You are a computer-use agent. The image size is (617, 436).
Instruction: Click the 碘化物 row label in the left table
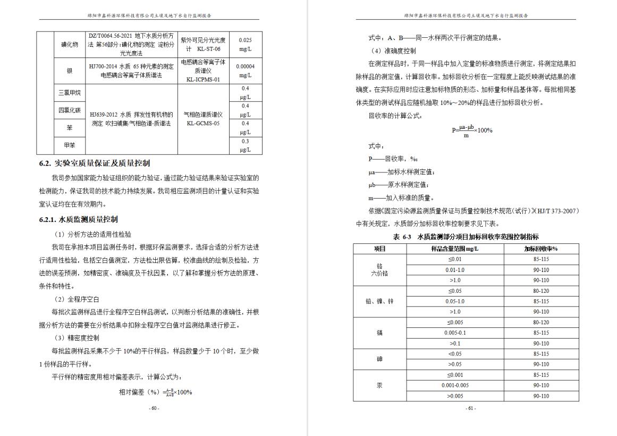click(70, 45)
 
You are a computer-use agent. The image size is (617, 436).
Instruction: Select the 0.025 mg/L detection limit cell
click(245, 44)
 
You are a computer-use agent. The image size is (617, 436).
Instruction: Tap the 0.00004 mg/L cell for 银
click(245, 70)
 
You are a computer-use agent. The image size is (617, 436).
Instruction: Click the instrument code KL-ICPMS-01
click(203, 79)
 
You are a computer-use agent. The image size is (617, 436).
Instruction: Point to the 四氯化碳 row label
click(70, 110)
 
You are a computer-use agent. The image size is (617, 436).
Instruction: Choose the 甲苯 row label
click(70, 145)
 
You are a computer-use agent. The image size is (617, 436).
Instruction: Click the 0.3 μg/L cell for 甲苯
click(245, 145)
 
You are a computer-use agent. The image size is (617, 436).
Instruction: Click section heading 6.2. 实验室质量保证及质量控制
click(95, 163)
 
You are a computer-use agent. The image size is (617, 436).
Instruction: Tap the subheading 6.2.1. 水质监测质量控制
click(79, 219)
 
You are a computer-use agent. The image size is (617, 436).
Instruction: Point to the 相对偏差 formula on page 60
click(155, 392)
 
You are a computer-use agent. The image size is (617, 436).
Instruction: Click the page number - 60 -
click(154, 408)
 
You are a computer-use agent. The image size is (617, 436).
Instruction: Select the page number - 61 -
click(470, 408)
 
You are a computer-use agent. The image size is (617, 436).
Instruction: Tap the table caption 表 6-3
click(466, 237)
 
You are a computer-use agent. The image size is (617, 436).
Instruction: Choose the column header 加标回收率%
click(540, 249)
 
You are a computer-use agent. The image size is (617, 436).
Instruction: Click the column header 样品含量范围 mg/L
click(454, 249)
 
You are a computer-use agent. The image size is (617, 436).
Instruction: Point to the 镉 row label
click(379, 333)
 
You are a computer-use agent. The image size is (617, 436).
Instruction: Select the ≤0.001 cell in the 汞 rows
click(454, 375)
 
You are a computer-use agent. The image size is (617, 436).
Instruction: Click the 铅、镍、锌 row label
click(379, 301)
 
